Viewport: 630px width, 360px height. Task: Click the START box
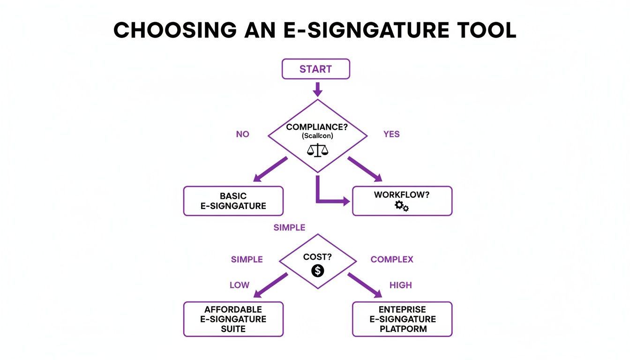pos(315,69)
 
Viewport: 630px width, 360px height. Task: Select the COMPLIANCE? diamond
pos(317,136)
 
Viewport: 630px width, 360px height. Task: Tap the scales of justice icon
pos(317,150)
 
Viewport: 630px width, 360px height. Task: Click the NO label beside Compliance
pos(242,134)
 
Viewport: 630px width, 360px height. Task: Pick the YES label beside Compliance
pos(391,134)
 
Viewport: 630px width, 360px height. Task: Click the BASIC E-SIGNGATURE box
pos(233,201)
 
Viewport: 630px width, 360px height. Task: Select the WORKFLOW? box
pos(402,201)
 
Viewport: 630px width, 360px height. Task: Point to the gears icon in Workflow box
pos(402,206)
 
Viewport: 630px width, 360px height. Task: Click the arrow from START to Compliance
pos(317,89)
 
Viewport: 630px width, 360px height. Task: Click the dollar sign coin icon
pos(317,270)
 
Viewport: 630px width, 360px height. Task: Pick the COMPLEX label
pos(392,259)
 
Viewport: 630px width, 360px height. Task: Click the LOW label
pos(240,285)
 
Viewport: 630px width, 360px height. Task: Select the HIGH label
pos(400,285)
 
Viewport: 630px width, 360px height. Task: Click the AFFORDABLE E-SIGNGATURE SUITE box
pos(233,319)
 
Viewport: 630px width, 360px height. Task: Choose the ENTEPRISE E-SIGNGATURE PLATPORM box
pos(402,319)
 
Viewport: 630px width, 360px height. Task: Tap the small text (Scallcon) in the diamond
pos(317,135)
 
